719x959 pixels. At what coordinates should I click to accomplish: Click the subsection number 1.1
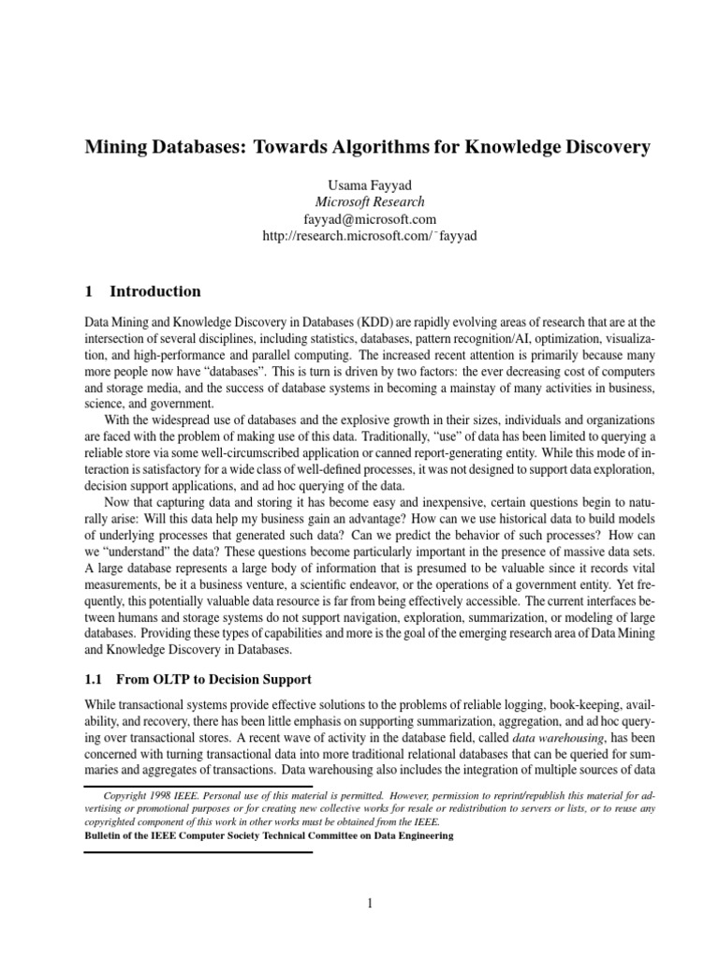pyautogui.click(x=95, y=678)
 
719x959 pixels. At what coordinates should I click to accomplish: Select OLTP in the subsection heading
pyautogui.click(x=167, y=678)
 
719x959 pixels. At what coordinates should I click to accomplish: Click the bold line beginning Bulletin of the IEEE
pyautogui.click(x=269, y=835)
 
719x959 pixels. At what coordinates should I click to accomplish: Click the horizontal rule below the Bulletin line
pyautogui.click(x=198, y=851)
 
